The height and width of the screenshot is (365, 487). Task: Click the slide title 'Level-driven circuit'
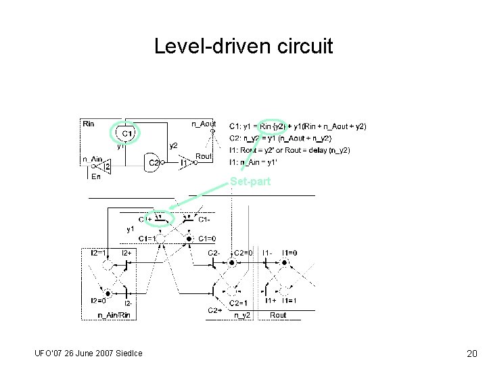[243, 47]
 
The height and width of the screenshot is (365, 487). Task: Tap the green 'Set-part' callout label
[250, 181]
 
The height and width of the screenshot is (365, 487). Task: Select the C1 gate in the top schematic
[126, 135]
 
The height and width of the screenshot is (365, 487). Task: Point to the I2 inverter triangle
[105, 166]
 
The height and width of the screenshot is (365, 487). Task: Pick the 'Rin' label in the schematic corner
[89, 123]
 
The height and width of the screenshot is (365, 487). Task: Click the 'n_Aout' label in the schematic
[204, 123]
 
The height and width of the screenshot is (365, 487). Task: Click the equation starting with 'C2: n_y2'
[281, 138]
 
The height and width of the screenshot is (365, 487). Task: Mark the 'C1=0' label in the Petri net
[207, 239]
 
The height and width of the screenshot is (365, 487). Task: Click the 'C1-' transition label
[204, 219]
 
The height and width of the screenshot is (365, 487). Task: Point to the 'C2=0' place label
[244, 252]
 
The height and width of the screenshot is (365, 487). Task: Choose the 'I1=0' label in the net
[289, 252]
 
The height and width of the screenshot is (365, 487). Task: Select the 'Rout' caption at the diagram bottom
[278, 314]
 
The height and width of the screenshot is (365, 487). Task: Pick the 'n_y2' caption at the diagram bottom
[242, 314]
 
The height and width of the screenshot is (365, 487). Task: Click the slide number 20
[471, 354]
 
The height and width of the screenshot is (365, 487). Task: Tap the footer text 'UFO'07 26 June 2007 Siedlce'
[88, 354]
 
